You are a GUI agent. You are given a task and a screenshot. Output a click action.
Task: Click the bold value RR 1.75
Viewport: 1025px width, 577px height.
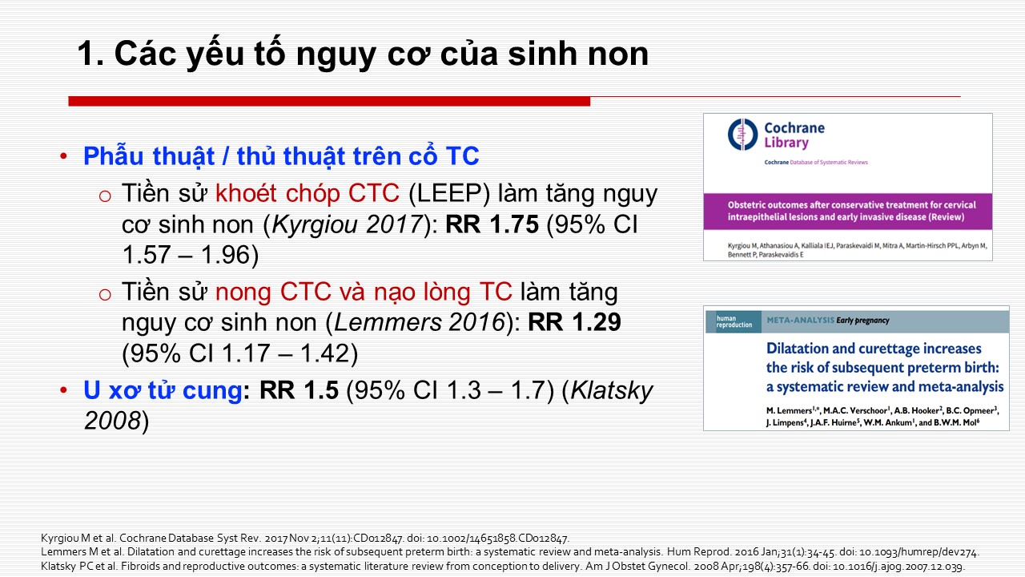point(492,224)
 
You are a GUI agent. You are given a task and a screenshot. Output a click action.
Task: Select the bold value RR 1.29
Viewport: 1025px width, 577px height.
point(574,322)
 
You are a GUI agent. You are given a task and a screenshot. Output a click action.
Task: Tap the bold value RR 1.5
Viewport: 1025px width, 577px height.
point(299,390)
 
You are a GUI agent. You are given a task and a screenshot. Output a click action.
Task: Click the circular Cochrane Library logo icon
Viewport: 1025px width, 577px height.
point(742,134)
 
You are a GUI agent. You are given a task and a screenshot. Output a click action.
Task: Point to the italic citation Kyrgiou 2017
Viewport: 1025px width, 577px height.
point(347,225)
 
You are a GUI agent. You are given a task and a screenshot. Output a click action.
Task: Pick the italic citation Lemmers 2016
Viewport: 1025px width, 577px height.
point(420,322)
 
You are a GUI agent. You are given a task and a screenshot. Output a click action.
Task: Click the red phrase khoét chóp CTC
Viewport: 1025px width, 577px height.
point(307,193)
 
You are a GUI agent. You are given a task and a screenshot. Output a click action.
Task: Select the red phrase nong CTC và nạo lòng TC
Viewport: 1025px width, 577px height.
point(364,292)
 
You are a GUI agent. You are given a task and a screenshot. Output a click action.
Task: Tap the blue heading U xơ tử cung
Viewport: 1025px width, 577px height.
point(163,390)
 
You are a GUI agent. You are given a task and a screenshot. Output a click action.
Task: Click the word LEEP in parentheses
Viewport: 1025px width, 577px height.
point(448,193)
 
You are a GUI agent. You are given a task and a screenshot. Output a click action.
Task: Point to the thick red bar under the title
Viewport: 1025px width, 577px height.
point(329,101)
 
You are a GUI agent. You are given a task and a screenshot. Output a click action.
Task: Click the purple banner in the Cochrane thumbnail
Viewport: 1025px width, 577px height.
point(848,212)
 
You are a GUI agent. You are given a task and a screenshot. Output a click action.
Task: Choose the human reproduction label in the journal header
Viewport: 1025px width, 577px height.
point(734,321)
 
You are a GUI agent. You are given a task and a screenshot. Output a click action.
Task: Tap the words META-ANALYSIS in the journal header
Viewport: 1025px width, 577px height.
point(800,320)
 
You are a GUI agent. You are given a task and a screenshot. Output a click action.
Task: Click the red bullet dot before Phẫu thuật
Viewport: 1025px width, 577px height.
point(63,156)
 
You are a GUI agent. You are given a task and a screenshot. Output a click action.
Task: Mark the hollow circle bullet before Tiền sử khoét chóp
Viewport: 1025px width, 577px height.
point(105,196)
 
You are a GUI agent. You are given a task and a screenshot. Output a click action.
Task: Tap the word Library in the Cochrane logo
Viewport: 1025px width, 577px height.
point(786,143)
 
